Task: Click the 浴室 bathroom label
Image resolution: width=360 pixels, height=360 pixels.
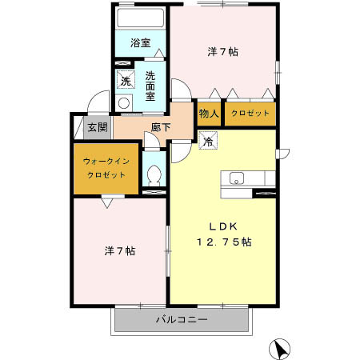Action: (x=141, y=42)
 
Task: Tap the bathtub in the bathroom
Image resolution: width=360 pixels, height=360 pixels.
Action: (x=141, y=18)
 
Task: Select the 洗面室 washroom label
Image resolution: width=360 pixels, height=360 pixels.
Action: (x=150, y=84)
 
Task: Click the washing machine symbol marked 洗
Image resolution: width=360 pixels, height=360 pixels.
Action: (x=125, y=79)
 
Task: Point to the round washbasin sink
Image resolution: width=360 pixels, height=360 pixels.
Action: (x=123, y=102)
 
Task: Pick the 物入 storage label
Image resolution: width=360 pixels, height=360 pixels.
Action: (x=208, y=114)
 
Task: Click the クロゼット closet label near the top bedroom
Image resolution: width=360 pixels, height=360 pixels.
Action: (x=250, y=114)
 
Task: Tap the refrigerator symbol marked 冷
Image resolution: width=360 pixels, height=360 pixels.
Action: (x=206, y=143)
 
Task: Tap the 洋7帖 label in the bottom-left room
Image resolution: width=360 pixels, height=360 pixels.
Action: (x=119, y=250)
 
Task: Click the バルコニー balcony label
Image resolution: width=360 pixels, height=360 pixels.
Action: (x=182, y=320)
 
